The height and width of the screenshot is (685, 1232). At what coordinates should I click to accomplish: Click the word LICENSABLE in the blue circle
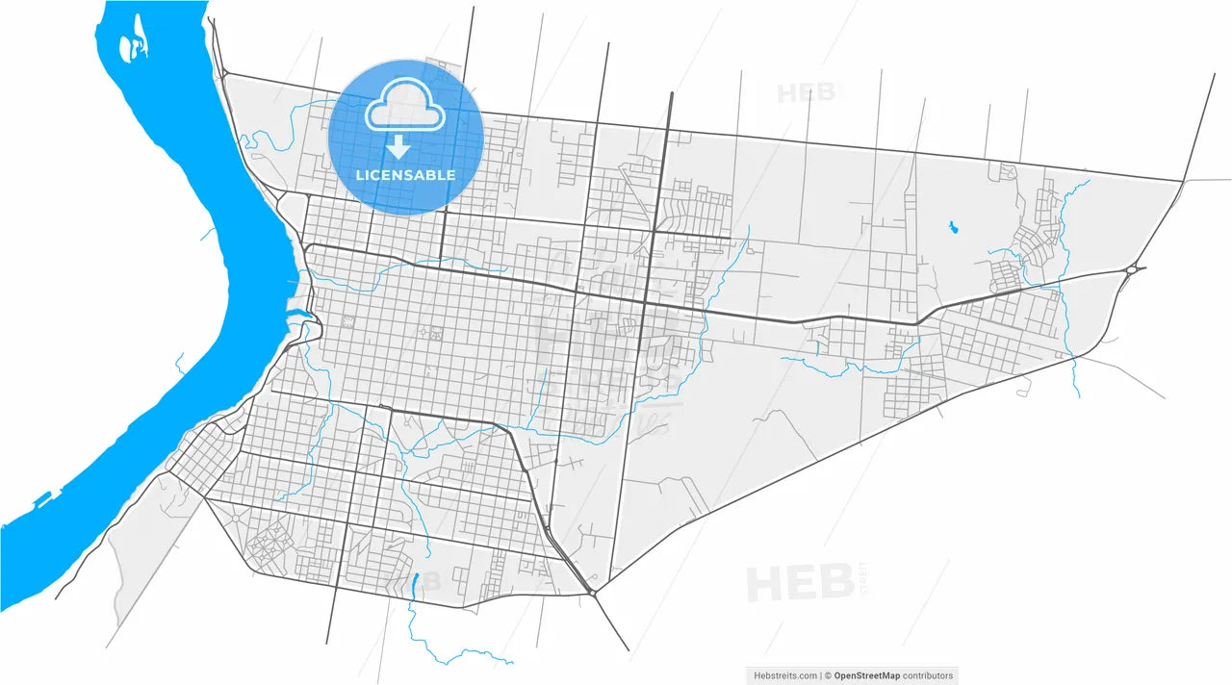[x=405, y=175]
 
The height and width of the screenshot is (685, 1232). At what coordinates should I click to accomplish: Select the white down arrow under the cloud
[x=398, y=147]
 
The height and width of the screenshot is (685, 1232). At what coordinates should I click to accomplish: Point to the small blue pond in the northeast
[x=954, y=228]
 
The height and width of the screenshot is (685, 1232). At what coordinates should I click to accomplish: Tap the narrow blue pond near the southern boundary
[x=415, y=582]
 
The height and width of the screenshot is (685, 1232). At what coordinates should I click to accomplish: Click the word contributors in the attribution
[x=928, y=675]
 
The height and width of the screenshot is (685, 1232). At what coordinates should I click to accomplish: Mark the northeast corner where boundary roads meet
[x=1183, y=180]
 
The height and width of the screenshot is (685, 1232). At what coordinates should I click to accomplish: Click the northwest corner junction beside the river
[x=223, y=73]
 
